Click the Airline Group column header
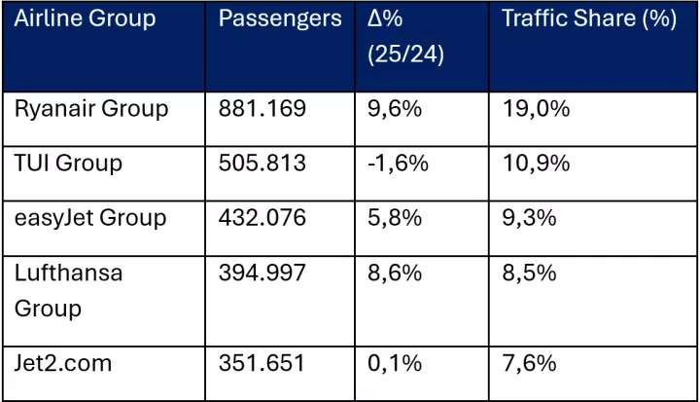(x=85, y=19)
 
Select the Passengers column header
(x=280, y=19)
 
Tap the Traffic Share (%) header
(x=588, y=19)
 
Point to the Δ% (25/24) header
(x=405, y=37)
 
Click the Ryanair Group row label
(x=90, y=108)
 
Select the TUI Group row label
(x=68, y=163)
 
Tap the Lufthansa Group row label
(x=68, y=290)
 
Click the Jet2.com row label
(x=63, y=363)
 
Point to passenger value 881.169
(x=262, y=108)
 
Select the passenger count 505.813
(x=262, y=163)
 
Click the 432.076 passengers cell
(x=262, y=217)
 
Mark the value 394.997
(x=262, y=273)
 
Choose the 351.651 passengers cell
(x=262, y=363)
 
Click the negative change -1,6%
(x=398, y=163)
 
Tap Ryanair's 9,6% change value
(x=394, y=108)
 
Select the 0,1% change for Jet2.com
(x=394, y=363)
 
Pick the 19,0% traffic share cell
(x=536, y=108)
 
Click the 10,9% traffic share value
(x=536, y=163)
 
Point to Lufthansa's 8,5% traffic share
(x=530, y=273)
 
